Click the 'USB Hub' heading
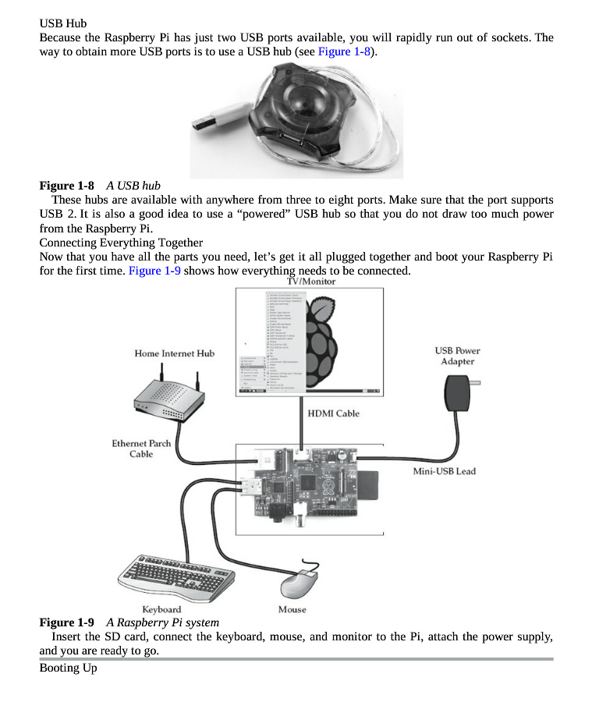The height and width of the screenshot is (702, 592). [62, 23]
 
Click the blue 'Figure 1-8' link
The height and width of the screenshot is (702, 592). [344, 51]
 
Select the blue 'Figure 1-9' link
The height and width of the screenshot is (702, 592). [155, 271]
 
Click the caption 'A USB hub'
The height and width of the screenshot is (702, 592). [133, 186]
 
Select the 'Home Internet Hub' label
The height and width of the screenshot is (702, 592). [174, 353]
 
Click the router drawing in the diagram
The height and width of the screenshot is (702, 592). [168, 399]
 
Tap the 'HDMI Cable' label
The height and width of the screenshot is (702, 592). [333, 413]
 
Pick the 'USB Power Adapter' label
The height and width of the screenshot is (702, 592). [457, 356]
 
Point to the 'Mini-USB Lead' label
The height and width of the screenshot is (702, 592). [444, 471]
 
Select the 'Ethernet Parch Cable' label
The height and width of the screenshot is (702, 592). [141, 448]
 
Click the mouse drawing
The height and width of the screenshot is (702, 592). [299, 580]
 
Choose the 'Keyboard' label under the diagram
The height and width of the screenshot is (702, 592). [161, 609]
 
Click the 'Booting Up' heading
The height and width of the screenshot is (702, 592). [68, 668]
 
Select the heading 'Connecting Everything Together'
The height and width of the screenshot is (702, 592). [121, 243]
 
